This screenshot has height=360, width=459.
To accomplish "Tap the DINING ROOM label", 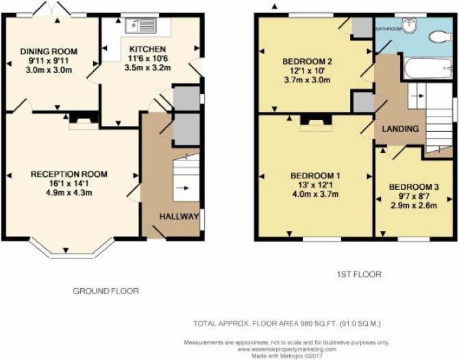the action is click(49, 51).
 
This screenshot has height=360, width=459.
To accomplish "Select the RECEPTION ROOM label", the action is click(69, 174).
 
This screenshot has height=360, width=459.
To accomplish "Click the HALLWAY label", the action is click(179, 217).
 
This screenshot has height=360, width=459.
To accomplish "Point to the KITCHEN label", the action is click(148, 49).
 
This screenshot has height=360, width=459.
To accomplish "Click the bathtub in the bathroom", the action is click(428, 68).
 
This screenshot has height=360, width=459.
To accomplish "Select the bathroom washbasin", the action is click(410, 25).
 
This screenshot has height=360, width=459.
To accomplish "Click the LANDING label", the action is click(401, 129).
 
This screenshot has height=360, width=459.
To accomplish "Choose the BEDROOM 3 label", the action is click(414, 187).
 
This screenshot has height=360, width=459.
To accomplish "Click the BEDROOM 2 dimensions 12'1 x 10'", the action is click(307, 71).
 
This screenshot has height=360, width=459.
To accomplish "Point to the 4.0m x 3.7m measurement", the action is click(315, 194).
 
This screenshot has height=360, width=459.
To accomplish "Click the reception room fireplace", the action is click(84, 121).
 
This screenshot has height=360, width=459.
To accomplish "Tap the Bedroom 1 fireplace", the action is click(316, 123).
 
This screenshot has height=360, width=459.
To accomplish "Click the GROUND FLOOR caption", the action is click(106, 291).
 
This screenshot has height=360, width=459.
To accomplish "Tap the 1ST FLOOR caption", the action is click(359, 274).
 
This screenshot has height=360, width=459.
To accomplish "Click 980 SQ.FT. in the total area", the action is click(319, 324).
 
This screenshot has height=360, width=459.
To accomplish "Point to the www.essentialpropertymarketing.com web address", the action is click(287, 349).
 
